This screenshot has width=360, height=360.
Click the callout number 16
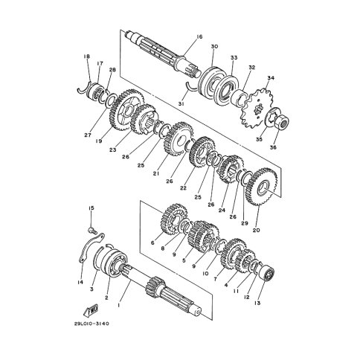pos(199,37)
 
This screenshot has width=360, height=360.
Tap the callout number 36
pos(273,147)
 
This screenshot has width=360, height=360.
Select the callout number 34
pos(271,78)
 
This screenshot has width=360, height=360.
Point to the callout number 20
pos(257,230)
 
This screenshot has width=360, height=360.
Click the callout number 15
pos(91,208)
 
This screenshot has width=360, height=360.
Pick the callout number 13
pos(257,303)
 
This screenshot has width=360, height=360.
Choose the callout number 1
pos(119,305)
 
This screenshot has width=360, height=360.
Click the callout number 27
pos(88,135)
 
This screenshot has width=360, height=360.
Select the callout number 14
pos(80,282)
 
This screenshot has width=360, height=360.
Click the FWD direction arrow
pos(90,310)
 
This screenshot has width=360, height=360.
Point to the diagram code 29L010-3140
pos(91,324)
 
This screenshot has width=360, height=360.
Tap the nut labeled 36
pos(282,122)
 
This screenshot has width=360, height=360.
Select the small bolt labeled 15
pos(92,231)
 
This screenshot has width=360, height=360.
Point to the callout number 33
pos(234,57)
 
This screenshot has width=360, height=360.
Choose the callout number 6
pos(152,242)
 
